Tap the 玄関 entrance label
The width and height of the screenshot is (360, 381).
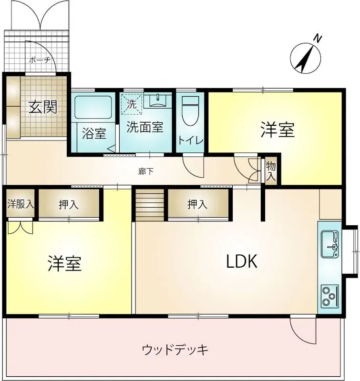pos(42,107)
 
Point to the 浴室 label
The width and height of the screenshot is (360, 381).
pos(93,134)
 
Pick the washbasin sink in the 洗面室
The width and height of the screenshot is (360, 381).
pos(157,100)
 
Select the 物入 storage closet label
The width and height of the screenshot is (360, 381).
pos(271,171)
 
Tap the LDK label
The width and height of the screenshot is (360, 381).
pos(242,261)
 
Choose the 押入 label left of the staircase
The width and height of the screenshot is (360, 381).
pos(69,205)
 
